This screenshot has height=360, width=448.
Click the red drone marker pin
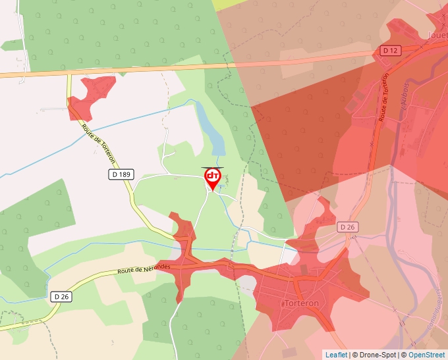pos(212,178)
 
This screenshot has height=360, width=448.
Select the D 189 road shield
pos(118,174)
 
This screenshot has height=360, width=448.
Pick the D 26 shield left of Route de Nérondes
pos(61,297)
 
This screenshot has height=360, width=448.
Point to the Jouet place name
pos(437,35)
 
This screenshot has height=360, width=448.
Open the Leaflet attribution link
pos(336,355)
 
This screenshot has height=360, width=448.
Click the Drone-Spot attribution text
pos(378,355)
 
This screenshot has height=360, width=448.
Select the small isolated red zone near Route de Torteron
pos(91,94)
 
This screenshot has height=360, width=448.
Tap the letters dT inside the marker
pos(212,176)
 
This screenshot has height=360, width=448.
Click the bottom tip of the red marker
pos(212,192)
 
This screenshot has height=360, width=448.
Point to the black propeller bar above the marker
pos(212,168)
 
